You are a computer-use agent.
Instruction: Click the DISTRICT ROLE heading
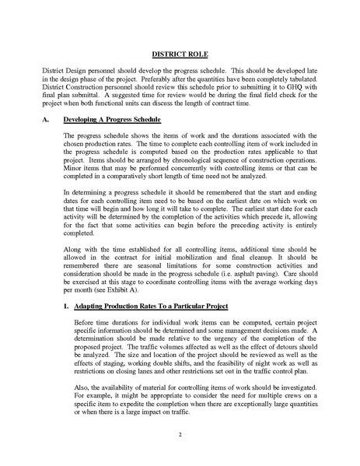pyautogui.click(x=180, y=56)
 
